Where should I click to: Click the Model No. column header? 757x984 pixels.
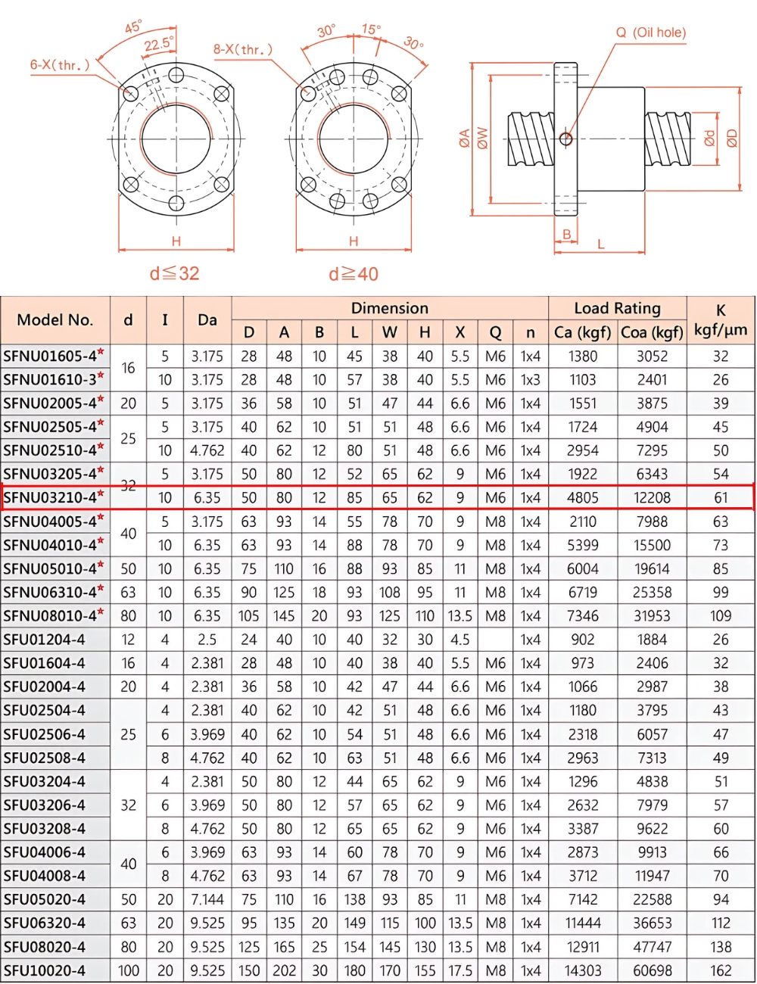55,319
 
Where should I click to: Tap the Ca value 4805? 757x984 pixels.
582,498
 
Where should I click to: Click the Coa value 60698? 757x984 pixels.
651,970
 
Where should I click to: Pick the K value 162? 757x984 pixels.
720,970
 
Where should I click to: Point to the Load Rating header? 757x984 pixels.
617,308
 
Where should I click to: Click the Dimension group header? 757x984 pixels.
389,308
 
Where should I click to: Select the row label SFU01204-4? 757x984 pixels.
44,640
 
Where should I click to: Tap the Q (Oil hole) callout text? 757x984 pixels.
650,33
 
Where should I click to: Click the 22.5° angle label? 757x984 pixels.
158,44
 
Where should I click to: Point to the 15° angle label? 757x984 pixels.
371,29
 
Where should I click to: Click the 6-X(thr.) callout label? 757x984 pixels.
59,65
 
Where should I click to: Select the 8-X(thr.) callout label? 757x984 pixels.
242,50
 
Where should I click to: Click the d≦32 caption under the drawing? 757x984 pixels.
174,273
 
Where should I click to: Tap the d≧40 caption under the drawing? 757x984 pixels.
353,274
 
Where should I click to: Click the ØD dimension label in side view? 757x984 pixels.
731,138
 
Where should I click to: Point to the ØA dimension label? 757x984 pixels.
464,138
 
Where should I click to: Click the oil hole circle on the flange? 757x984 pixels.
565,139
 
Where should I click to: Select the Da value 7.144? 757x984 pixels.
207,899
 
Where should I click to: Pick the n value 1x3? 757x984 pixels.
530,379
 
